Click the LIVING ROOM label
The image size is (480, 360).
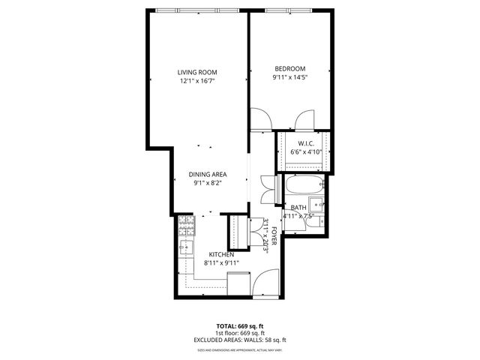point(197,72)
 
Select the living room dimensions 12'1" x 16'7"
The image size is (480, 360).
point(197,81)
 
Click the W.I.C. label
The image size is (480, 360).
point(305,143)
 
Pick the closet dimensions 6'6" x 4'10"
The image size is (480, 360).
point(305,152)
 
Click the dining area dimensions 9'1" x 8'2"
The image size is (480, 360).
point(208,182)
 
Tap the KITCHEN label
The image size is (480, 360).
point(220,255)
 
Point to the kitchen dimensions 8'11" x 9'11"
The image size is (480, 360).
point(220,263)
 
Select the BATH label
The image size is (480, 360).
point(298,208)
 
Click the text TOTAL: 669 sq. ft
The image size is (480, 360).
point(239,326)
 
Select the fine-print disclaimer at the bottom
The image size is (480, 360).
point(239,349)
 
